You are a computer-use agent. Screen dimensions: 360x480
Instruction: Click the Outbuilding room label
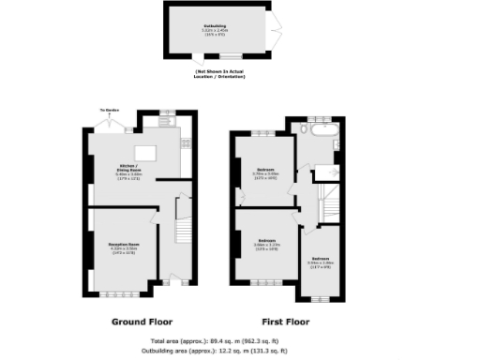click(x=215, y=29)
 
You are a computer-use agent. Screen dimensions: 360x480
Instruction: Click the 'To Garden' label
click(x=106, y=111)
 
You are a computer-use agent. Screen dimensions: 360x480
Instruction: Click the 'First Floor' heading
click(x=284, y=321)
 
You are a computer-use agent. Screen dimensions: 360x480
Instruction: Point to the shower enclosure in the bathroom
click(x=328, y=172)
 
